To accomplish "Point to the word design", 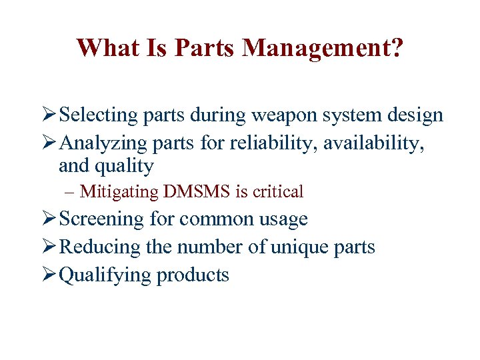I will (414, 115).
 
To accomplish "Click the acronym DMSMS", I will (198, 192).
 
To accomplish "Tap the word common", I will (213, 219).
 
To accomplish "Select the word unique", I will (301, 247).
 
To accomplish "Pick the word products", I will (193, 275).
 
